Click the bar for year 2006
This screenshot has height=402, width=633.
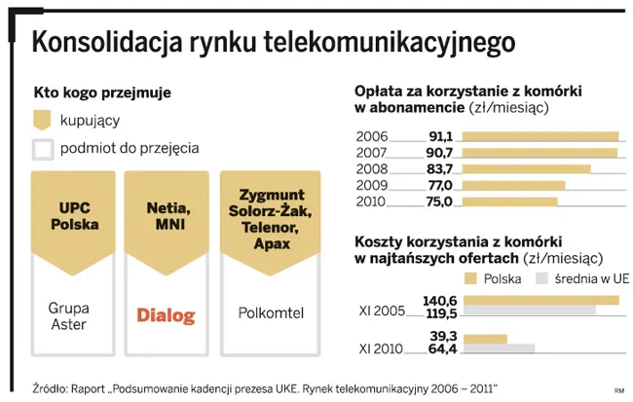pos(540,136)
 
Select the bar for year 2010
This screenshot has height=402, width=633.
pos(508,201)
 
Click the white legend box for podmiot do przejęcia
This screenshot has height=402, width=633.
pos(42,149)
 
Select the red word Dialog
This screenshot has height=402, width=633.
pos(166,315)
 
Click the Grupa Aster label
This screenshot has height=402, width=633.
pos(68,315)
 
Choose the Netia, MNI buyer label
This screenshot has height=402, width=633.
pos(166,215)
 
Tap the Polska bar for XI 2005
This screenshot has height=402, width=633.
pos(540,300)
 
